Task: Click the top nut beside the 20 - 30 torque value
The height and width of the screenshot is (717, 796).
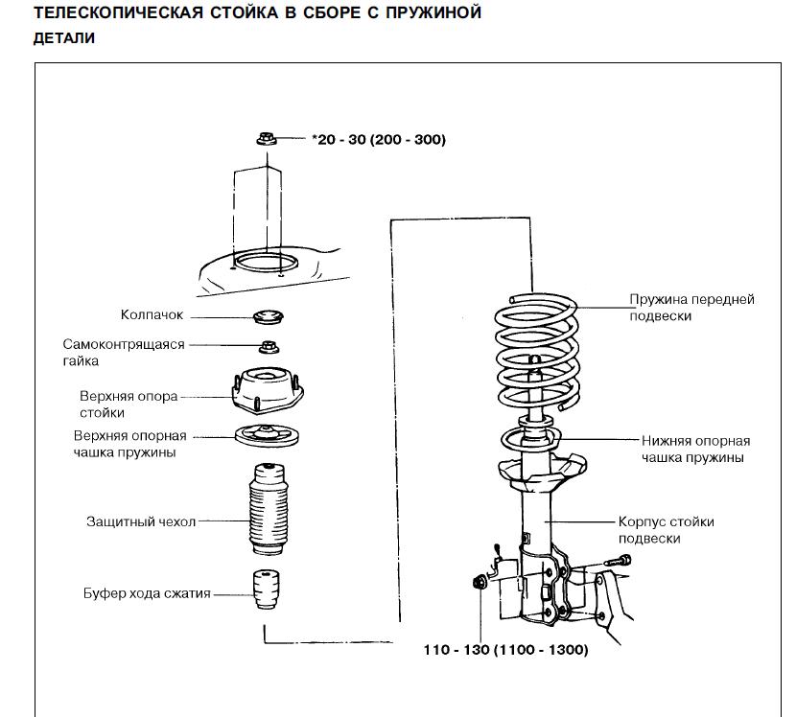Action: click(267, 140)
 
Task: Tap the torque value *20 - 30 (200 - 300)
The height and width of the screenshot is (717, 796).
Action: click(379, 140)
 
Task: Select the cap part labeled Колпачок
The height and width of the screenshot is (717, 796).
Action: click(267, 316)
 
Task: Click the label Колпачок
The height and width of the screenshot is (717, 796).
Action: click(152, 314)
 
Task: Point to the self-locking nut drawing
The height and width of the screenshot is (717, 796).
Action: click(267, 345)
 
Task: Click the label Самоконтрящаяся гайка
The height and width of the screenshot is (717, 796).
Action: click(123, 352)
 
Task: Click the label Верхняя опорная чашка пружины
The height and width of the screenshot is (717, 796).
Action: click(129, 443)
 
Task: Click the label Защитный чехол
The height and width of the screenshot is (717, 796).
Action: click(141, 521)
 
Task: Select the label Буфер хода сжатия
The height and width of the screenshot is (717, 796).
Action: click(146, 594)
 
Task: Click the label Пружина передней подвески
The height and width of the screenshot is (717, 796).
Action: click(691, 307)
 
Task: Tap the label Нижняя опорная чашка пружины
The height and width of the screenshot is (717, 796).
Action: click(695, 449)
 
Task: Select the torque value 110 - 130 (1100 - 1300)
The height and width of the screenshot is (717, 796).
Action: click(506, 650)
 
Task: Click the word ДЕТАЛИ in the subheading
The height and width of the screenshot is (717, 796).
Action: click(63, 39)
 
